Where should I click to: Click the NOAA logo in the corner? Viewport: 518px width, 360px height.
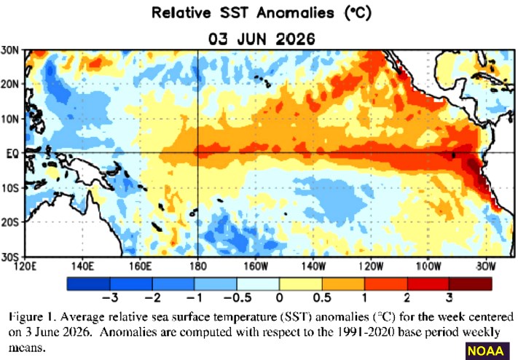[x=485, y=351]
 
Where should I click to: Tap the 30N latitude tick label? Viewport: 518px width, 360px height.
[x=10, y=50]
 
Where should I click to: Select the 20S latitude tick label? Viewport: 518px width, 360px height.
[x=10, y=222]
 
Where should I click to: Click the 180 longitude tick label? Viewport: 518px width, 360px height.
[x=198, y=266]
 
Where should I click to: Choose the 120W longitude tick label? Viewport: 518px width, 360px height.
[x=372, y=266]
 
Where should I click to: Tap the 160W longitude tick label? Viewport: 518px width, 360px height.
[x=256, y=266]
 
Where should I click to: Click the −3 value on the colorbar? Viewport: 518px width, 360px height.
[x=110, y=298]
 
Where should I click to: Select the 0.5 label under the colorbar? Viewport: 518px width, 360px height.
[x=322, y=298]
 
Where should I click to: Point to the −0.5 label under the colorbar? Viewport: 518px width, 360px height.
[x=238, y=298]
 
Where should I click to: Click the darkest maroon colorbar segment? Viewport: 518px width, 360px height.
[x=471, y=284]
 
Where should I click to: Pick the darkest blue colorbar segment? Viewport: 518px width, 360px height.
[x=89, y=284]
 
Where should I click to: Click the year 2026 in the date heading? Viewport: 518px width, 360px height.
[x=295, y=39]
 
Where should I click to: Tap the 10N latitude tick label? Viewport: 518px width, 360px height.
[x=10, y=119]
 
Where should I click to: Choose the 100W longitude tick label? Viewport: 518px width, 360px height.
[x=429, y=266]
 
